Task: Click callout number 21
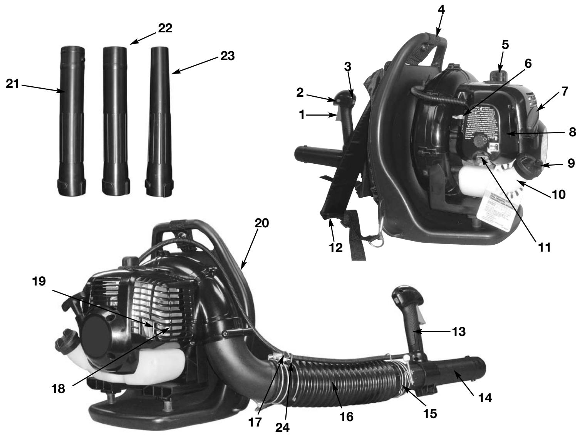coord(12,84)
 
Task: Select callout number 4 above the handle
coord(441,10)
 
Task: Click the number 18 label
coord(60,389)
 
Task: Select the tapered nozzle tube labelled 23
coord(158,119)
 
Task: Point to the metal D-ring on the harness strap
coord(378,243)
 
